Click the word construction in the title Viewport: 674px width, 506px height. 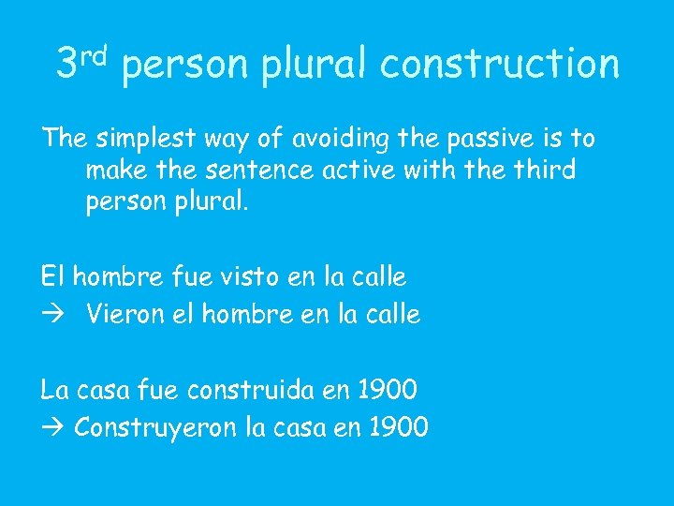pyautogui.click(x=500, y=65)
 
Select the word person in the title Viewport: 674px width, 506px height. pyautogui.click(x=186, y=67)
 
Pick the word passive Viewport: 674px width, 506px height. pyautogui.click(x=491, y=139)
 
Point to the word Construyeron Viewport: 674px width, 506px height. pyautogui.click(x=154, y=429)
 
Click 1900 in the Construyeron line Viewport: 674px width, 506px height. pyautogui.click(x=399, y=428)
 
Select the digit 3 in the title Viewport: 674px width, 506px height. pyautogui.click(x=67, y=64)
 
